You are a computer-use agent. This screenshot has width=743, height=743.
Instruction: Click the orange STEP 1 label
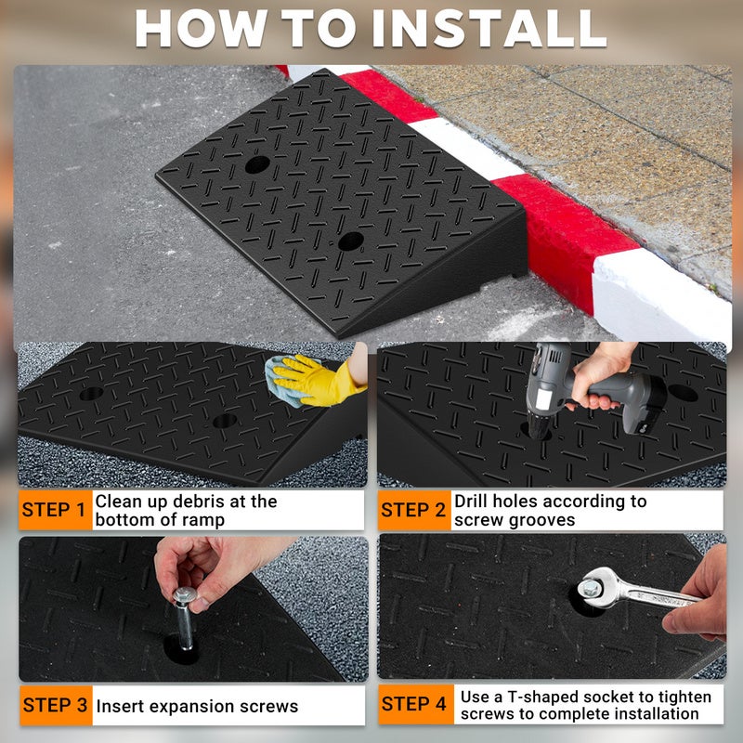click(55, 510)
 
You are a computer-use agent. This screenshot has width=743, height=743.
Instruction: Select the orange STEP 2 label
click(414, 510)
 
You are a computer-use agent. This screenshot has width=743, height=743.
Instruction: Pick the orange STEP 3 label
click(56, 705)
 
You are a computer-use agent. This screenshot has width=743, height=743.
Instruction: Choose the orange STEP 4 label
click(415, 704)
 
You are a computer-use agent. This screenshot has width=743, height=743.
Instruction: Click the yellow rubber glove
click(319, 381)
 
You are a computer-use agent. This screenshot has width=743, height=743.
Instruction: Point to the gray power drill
click(593, 391)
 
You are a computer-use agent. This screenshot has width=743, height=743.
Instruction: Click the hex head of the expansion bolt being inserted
click(185, 594)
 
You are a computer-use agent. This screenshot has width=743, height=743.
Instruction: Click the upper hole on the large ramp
click(257, 164)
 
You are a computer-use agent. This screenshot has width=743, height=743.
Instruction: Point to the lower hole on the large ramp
click(351, 241)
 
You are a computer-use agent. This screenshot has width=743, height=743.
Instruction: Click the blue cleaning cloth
click(283, 382)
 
